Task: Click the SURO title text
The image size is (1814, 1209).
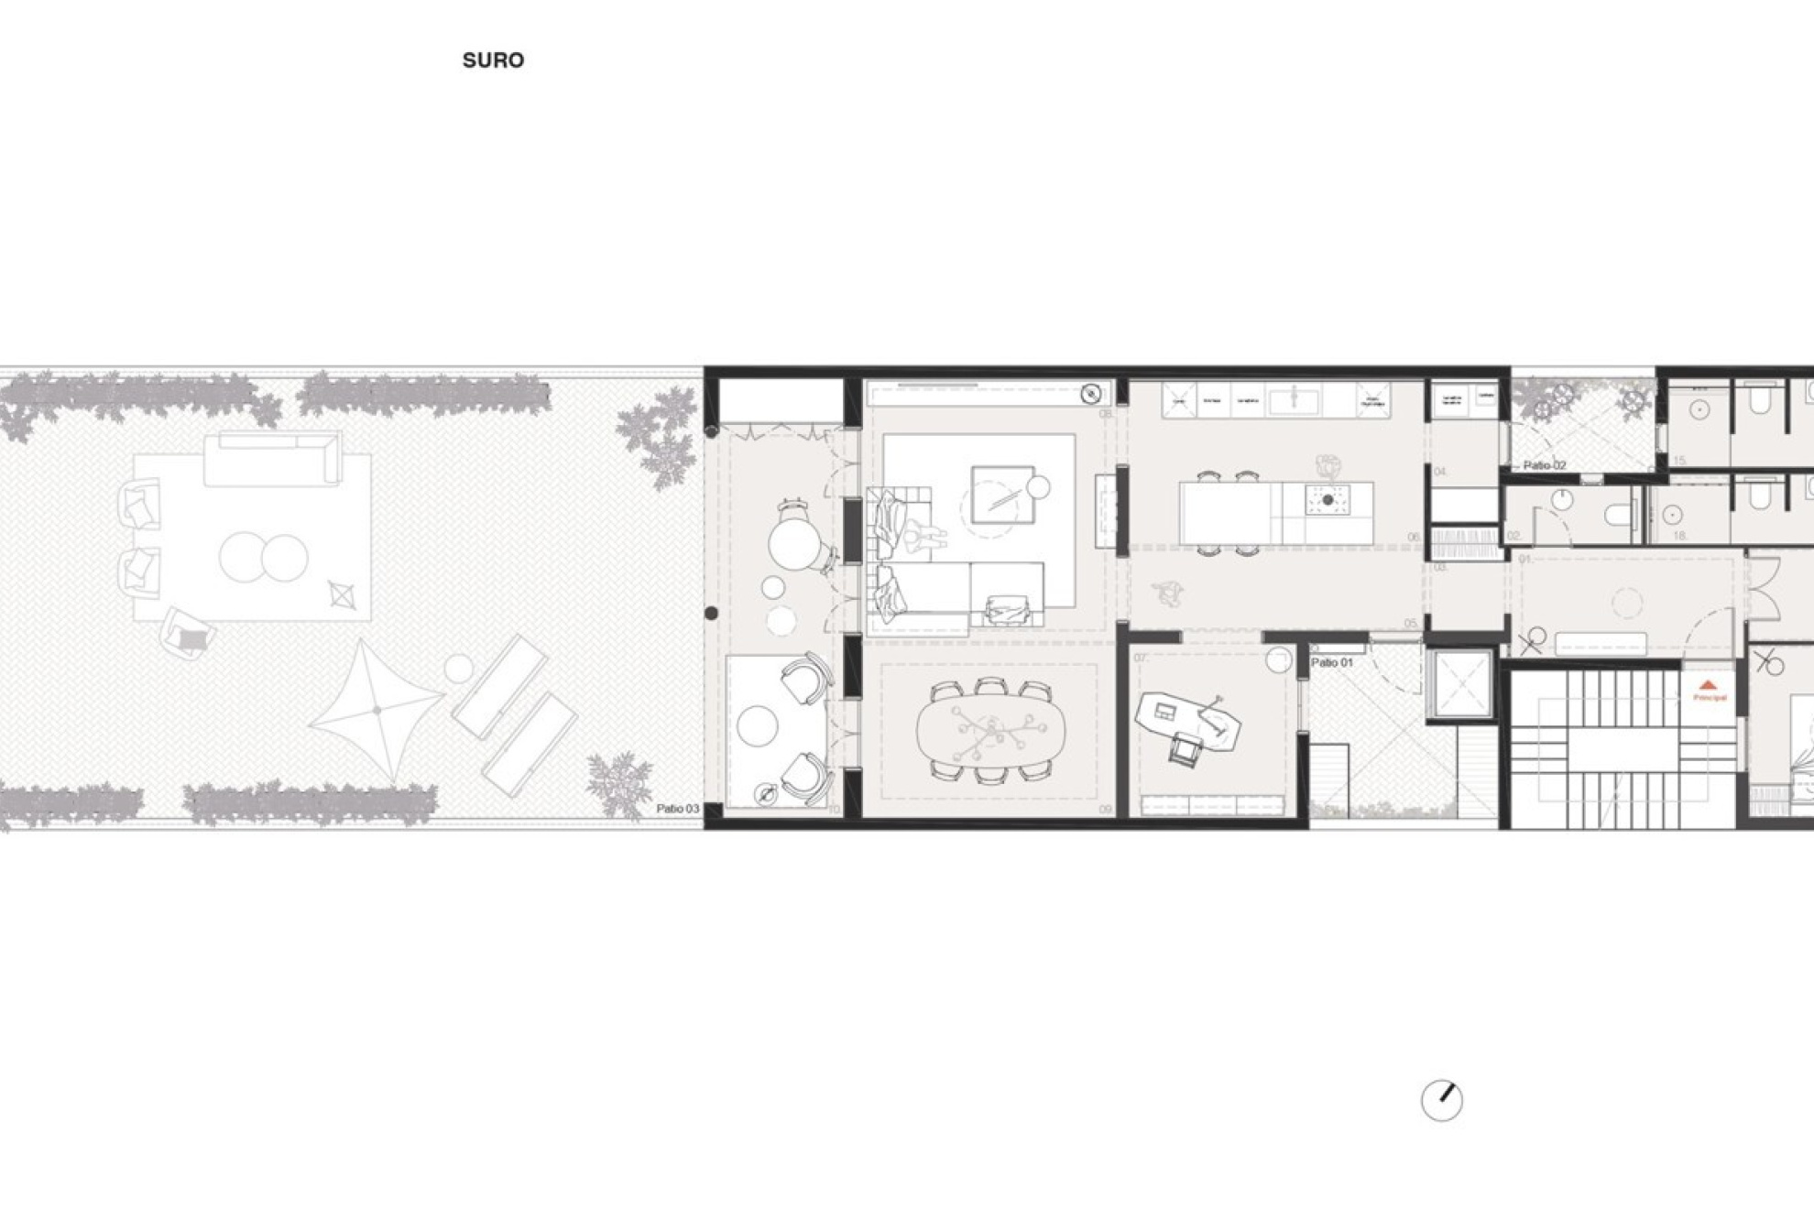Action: pos(493,60)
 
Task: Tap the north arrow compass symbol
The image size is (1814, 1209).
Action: pos(1441,1100)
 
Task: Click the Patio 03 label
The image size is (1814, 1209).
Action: pos(677,809)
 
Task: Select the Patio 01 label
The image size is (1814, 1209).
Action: pos(1331,662)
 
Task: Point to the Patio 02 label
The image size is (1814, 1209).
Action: pos(1545,465)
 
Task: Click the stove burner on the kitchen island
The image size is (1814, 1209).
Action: pos(1327,500)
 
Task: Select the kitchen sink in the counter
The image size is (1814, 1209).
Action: pos(1294,400)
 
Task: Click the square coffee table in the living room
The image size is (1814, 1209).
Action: pos(1001,495)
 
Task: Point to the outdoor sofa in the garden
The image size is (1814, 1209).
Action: pos(271,460)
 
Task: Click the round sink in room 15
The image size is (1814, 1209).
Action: pos(1699,410)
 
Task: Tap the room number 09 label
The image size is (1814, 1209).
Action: pos(1105,810)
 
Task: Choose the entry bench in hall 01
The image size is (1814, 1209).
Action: pos(1600,643)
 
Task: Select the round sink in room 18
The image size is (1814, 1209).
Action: pos(1672,516)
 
